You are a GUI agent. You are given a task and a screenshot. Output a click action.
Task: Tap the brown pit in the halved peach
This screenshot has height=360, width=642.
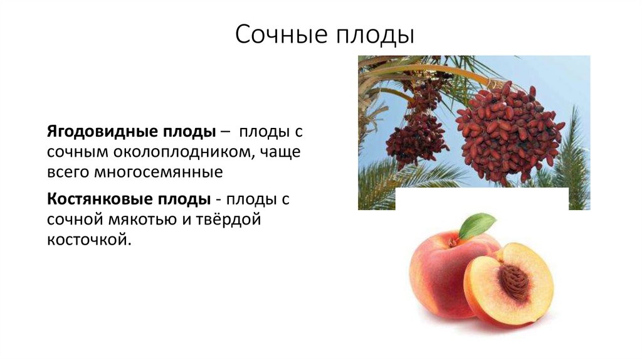coord(514,281)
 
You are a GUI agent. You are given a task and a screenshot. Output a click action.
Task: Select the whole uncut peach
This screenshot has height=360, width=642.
coord(439,276)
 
